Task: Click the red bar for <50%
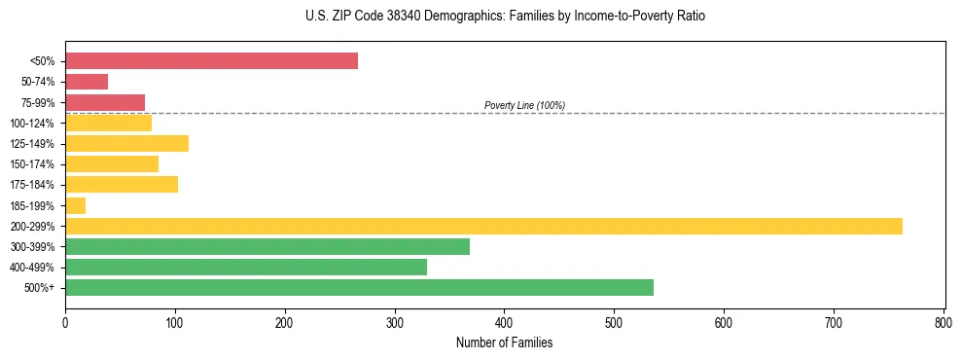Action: click(x=211, y=61)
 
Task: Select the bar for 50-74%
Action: click(x=87, y=82)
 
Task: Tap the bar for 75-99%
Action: click(x=105, y=102)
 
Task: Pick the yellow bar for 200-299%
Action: click(x=483, y=226)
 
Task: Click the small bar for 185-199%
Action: click(x=76, y=205)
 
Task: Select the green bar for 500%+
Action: click(x=359, y=287)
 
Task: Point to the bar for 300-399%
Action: click(x=267, y=246)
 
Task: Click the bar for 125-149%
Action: click(x=126, y=144)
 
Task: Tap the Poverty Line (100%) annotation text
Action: click(x=524, y=105)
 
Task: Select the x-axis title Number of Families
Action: click(x=504, y=342)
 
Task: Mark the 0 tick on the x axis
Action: click(x=65, y=322)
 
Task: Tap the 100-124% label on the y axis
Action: click(x=32, y=124)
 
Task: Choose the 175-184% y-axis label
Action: click(x=32, y=185)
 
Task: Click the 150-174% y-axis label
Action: click(x=32, y=164)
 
